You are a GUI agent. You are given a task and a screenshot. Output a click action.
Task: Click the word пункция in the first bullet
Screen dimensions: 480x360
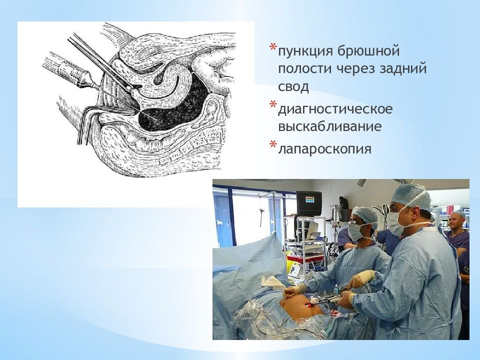306,51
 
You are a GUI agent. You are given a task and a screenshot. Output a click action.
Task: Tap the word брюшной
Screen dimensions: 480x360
369,50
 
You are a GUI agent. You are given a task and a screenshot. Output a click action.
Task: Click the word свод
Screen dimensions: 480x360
293,86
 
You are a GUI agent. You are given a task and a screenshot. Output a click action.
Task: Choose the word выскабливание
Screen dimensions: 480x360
329,126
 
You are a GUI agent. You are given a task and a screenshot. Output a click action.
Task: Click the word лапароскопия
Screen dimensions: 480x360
324,149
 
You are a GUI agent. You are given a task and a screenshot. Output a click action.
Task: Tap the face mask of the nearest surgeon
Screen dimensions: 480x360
397,221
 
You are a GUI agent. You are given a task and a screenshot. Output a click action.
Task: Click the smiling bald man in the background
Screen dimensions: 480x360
457,222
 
